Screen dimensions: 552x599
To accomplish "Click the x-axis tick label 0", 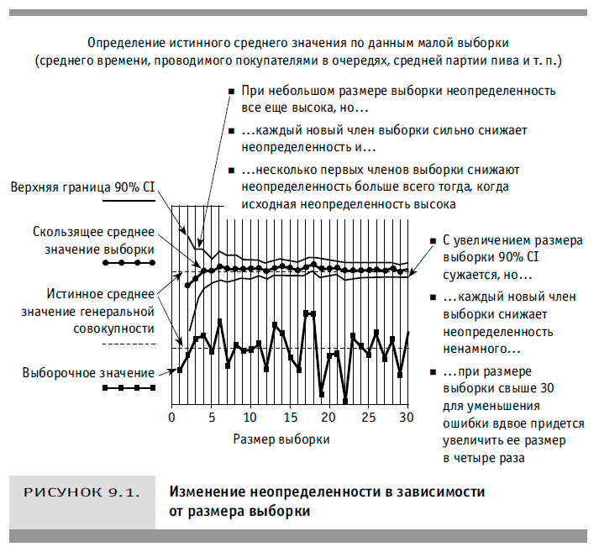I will tap(171, 418).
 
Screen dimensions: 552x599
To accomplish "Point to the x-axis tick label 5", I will tap(211, 418).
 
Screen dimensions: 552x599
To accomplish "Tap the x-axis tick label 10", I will tap(250, 418).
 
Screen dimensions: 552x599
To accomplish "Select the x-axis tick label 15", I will tap(289, 418).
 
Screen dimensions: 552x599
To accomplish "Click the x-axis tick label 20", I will tap(328, 418).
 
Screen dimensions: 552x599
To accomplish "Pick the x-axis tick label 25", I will tap(368, 418).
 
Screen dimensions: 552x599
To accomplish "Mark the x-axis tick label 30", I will tap(407, 418).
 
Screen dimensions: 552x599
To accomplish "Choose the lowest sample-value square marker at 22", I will tap(345, 399).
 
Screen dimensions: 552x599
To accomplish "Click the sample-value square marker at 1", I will tap(180, 370).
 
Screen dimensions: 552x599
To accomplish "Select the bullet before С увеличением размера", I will tap(432, 240).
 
